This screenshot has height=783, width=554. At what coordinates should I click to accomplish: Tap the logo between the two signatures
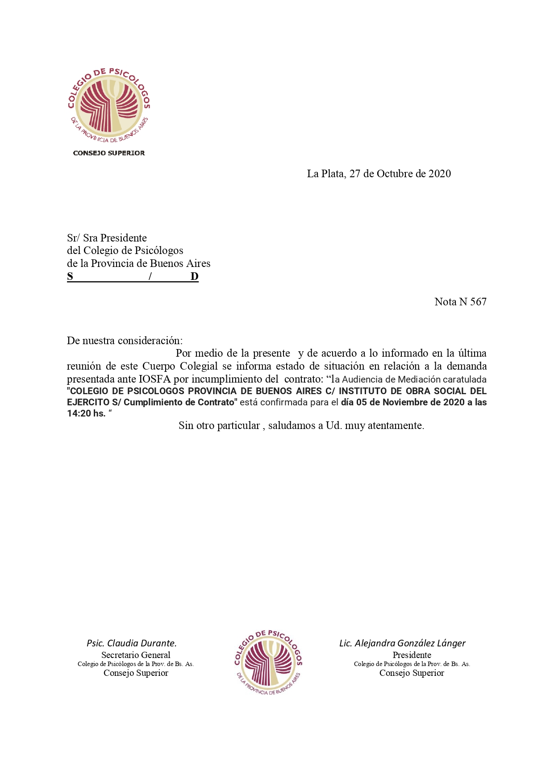click(x=268, y=662)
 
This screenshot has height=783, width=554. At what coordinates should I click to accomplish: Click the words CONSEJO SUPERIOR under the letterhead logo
click(x=109, y=153)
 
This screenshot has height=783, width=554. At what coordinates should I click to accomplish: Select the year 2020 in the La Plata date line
click(x=439, y=174)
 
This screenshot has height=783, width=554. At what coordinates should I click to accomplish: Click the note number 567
click(x=478, y=302)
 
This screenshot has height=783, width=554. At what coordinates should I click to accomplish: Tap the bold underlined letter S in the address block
click(x=70, y=276)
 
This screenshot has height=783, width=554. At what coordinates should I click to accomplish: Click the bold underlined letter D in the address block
click(x=194, y=276)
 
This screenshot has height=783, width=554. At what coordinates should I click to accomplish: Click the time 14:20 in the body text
click(x=79, y=413)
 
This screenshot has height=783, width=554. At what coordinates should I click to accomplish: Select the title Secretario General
click(x=136, y=655)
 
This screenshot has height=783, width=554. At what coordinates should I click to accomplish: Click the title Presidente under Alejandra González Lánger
click(x=412, y=655)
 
